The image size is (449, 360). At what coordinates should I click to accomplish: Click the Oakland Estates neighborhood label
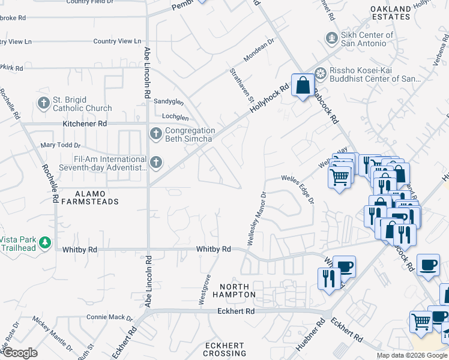pyautogui.click(x=391, y=13)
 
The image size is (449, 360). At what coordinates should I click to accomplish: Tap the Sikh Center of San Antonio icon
pyautogui.click(x=330, y=39)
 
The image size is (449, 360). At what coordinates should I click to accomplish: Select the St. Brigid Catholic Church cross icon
pyautogui.click(x=43, y=104)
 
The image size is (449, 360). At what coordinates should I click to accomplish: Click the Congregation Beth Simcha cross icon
pyautogui.click(x=155, y=134)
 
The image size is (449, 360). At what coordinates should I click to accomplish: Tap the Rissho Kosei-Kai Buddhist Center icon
pyautogui.click(x=321, y=74)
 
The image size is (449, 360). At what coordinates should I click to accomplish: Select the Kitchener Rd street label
pyautogui.click(x=85, y=124)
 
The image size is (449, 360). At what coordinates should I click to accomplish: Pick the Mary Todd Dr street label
pyautogui.click(x=60, y=145)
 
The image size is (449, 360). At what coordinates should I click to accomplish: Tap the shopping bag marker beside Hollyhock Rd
pyautogui.click(x=303, y=85)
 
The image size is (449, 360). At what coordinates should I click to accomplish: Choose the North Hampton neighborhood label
pyautogui.click(x=238, y=290)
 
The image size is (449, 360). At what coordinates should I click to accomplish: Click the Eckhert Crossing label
pyautogui.click(x=224, y=350)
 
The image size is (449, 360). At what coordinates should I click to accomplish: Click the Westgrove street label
pyautogui.click(x=205, y=289)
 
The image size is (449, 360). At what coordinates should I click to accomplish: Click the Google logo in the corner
pyautogui.click(x=20, y=353)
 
